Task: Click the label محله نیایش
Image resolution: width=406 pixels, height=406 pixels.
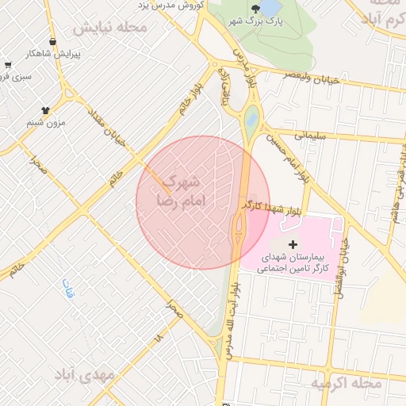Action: pyautogui.click(x=110, y=29)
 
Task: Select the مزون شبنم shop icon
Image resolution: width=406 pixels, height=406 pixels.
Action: pyautogui.click(x=44, y=110)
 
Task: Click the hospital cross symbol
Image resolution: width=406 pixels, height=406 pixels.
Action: pyautogui.click(x=293, y=243)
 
